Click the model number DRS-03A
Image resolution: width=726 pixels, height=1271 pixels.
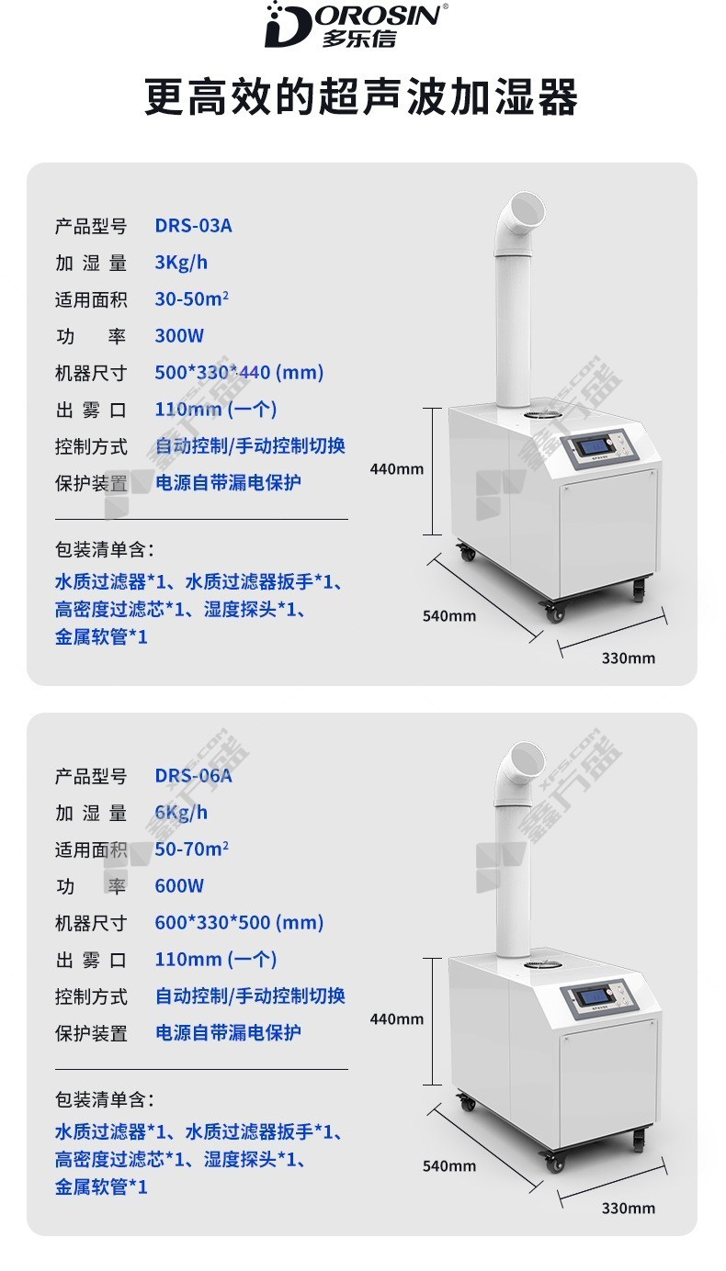tap(194, 226)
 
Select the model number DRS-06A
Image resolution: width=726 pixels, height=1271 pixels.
tap(194, 776)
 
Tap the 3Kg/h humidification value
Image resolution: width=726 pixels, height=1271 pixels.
tap(181, 263)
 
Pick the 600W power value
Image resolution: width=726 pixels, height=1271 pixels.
tap(179, 885)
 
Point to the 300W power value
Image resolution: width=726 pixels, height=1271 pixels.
tap(179, 336)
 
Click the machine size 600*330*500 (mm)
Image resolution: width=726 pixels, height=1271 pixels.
tap(239, 923)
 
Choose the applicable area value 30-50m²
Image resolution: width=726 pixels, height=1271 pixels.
tap(192, 298)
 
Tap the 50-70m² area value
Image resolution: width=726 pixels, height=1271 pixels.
tap(192, 849)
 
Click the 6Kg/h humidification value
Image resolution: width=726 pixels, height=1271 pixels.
tap(181, 813)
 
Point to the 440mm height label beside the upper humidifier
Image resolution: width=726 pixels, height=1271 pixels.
tap(397, 469)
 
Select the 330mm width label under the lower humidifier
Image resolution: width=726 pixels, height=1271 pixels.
tap(629, 1208)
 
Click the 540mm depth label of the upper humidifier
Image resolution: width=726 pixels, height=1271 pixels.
tap(449, 616)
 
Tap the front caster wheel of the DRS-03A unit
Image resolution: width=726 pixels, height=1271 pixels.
tap(554, 612)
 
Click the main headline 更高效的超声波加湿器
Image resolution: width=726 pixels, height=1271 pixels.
tap(361, 97)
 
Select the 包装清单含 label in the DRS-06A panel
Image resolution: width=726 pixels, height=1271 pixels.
tap(105, 1099)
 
